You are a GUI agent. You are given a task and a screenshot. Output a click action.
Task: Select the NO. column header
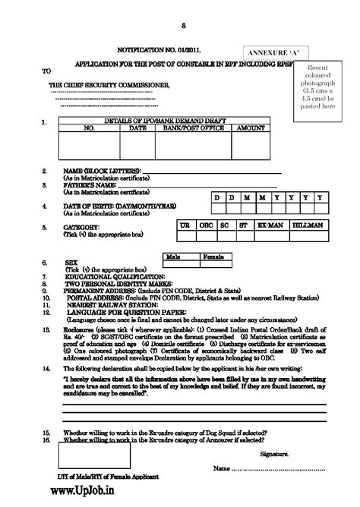pos(87,129)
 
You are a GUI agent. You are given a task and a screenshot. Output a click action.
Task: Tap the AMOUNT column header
pos(247,129)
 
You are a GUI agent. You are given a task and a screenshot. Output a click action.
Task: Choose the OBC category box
pos(204,226)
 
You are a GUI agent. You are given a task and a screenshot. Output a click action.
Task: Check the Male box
pos(179,258)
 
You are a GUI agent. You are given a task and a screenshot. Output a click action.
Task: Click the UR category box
pos(185,226)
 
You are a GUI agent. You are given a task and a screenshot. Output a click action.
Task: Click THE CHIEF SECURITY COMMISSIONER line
pos(111,84)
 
